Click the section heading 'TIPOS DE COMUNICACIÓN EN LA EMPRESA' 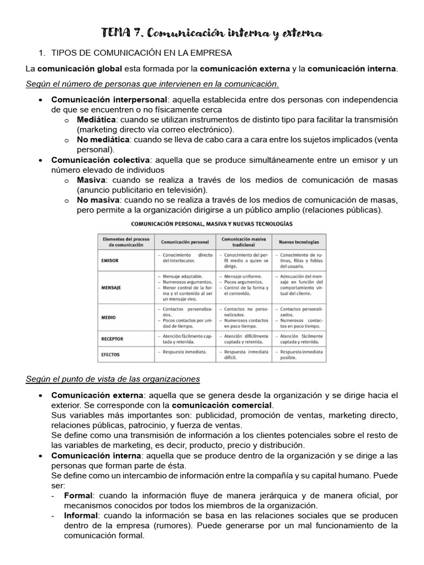coord(142,53)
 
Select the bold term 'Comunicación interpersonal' coord(109,100)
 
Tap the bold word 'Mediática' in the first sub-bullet coord(97,120)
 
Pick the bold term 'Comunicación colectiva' coord(100,160)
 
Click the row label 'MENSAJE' coord(112,287)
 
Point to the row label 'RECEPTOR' coord(113,339)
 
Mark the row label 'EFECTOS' coord(111,354)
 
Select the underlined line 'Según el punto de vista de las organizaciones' coord(113,379)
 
